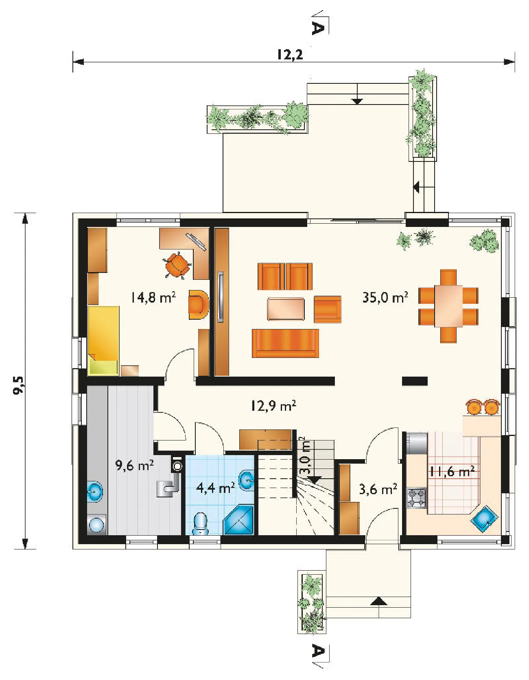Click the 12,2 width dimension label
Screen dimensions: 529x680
pos(290,54)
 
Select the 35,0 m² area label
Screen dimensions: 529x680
pos(385,297)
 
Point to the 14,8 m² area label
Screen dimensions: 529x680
pos(153,297)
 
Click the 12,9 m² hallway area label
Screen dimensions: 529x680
pos(273,405)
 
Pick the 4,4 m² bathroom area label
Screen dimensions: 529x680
pos(215,487)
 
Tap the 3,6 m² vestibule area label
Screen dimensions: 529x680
pos(378,489)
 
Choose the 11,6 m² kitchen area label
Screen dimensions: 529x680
pos(452,472)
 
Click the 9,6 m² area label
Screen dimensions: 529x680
pos(134,465)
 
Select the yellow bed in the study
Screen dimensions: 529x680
pos(103,341)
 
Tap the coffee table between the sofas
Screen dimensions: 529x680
pos(286,309)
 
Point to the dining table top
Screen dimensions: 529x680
pos(448,306)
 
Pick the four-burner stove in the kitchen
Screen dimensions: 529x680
pos(417,498)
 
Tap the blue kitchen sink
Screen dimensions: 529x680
pos(484,519)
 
